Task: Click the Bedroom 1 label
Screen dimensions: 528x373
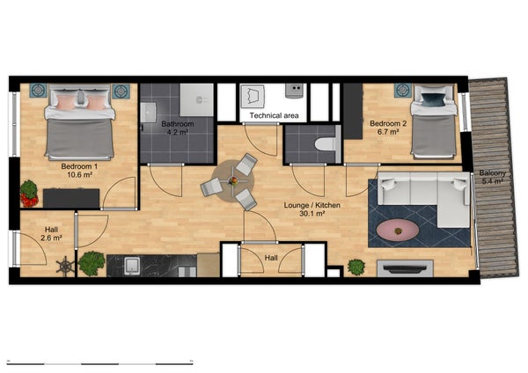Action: [x=79, y=166]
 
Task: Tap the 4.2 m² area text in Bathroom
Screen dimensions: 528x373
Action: [x=178, y=132]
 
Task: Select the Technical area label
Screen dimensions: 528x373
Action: [x=274, y=116]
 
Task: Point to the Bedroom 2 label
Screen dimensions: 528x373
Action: [x=388, y=123]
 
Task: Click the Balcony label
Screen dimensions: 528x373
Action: [x=492, y=173]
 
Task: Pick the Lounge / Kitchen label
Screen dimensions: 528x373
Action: [x=312, y=205]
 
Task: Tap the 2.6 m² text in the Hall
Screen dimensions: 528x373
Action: [x=51, y=238]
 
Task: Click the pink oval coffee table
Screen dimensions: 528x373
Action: [x=398, y=230]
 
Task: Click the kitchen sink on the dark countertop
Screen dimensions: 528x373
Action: [x=132, y=266]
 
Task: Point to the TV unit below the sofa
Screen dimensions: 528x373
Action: [x=405, y=268]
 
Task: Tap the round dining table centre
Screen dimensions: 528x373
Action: [x=232, y=181]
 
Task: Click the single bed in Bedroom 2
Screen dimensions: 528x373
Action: [x=433, y=121]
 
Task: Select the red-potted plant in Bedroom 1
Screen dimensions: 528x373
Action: [x=29, y=194]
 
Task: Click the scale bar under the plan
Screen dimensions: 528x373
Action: [x=100, y=363]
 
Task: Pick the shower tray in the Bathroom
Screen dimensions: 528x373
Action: [x=196, y=100]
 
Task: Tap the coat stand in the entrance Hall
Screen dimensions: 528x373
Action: [x=65, y=266]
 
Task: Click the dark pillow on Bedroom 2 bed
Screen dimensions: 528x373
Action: [x=433, y=99]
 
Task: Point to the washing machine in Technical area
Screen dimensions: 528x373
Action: [x=253, y=97]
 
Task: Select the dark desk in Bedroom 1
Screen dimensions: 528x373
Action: [x=71, y=198]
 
